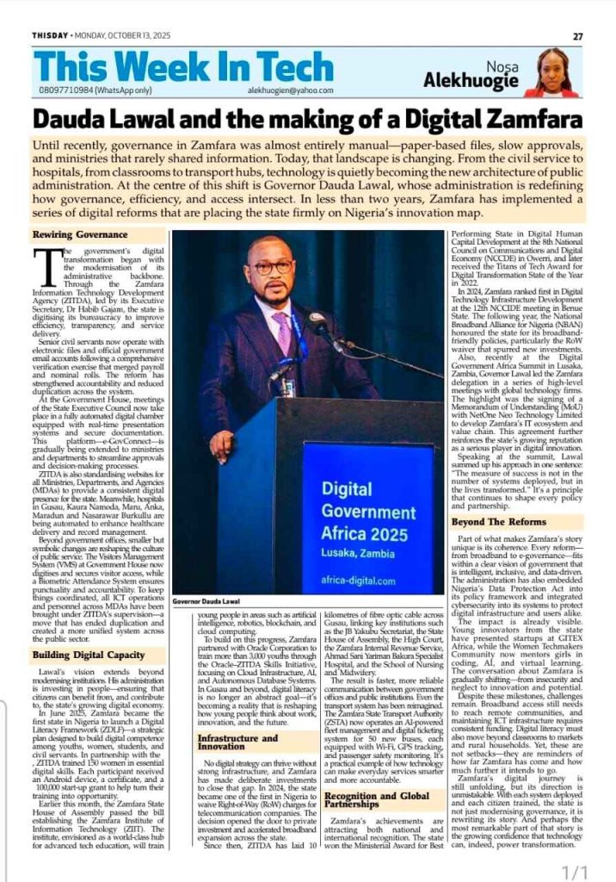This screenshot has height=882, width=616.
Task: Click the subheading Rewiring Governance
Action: tap(80, 233)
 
